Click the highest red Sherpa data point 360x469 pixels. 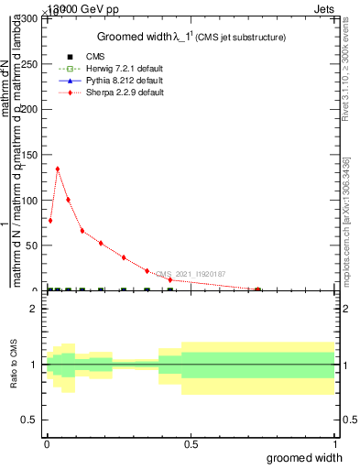coord(58,169)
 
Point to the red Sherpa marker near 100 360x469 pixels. coord(68,200)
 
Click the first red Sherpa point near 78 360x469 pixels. coord(50,220)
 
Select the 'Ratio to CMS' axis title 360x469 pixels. coord(14,365)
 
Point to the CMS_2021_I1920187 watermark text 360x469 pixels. coord(191,274)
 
